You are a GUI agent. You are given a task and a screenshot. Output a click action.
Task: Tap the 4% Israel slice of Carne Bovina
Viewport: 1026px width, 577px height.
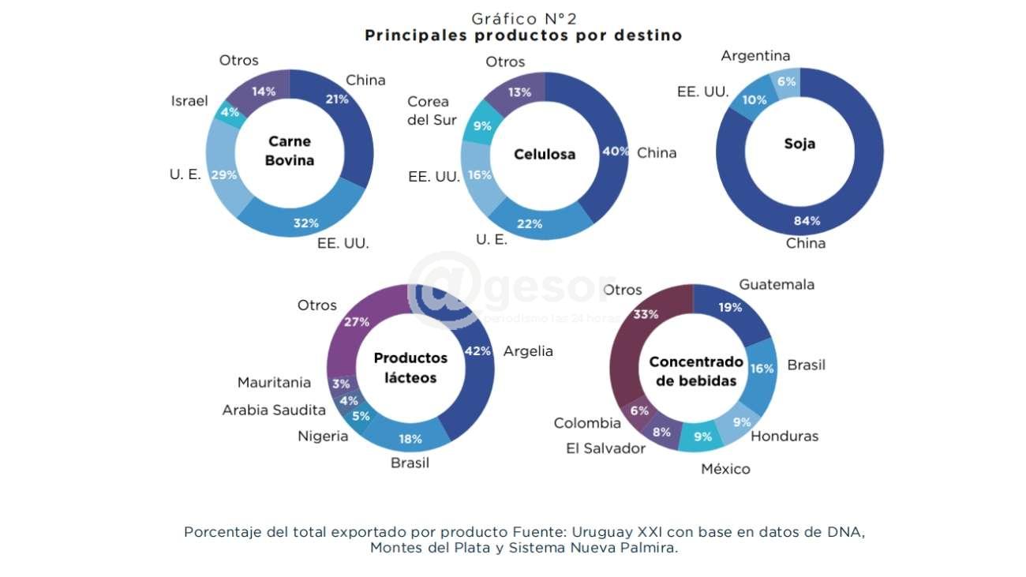[229, 113]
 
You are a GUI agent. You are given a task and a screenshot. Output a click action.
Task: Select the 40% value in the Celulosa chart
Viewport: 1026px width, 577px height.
[615, 152]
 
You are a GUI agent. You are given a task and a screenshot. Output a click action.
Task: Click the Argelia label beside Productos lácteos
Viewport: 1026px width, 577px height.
[528, 351]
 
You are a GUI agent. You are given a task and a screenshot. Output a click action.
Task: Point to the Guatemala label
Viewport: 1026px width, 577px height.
[776, 284]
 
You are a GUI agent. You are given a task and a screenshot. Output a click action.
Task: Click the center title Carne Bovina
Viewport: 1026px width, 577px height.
[290, 151]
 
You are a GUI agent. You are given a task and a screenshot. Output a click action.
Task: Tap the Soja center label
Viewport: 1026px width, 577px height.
[799, 144]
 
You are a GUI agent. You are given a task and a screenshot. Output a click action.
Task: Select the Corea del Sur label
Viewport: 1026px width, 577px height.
[428, 111]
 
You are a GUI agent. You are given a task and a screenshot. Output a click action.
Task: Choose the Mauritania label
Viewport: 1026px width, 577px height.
[274, 383]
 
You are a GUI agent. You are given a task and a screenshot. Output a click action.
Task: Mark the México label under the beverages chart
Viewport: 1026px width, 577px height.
[725, 469]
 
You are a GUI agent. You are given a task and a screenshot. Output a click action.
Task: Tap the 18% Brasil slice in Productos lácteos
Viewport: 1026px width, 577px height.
[410, 439]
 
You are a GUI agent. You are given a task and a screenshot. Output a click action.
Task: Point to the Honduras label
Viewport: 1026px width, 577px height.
[784, 436]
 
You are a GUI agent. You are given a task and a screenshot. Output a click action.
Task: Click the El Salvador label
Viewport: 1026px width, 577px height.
[605, 448]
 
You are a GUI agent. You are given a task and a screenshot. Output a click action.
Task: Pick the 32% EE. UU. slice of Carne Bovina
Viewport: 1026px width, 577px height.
[306, 223]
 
